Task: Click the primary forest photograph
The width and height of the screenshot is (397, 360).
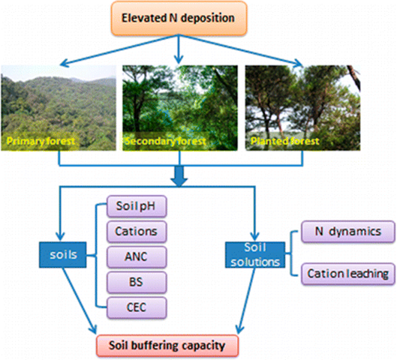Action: coord(59,105)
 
